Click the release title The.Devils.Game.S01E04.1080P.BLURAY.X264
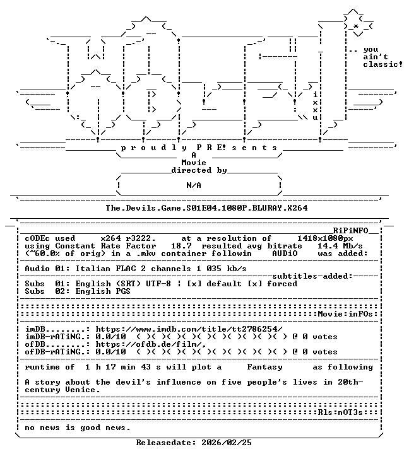[206, 208]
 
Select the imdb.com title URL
[189, 329]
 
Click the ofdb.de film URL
[151, 344]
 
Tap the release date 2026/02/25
[227, 443]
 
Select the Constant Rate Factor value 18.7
[181, 246]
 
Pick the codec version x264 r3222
[128, 238]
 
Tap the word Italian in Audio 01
[93, 269]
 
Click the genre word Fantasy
[264, 367]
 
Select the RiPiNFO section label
[350, 231]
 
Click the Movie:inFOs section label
[345, 314]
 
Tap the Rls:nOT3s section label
[340, 412]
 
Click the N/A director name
[194, 185]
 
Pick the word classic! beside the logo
[383, 64]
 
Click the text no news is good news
[78, 428]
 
